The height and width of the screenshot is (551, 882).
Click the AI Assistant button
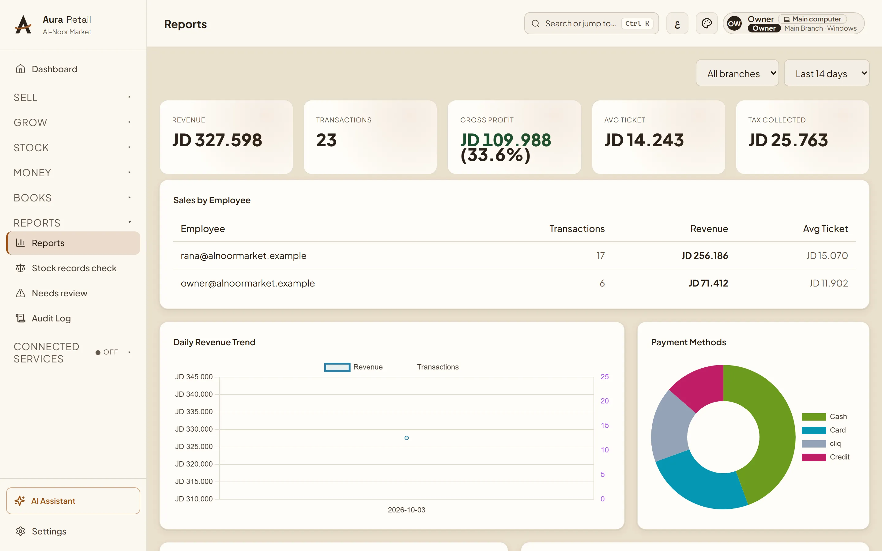[73, 501]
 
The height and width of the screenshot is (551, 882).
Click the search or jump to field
[591, 23]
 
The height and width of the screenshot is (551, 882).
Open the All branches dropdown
[737, 73]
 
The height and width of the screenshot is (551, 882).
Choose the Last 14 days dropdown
[826, 73]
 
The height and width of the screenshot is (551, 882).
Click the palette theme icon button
[706, 23]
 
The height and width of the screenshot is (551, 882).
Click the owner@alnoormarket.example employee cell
[247, 283]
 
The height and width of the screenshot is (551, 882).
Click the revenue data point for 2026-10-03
[406, 438]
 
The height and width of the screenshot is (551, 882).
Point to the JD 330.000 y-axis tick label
[194, 429]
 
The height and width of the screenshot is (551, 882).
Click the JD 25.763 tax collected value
[788, 140]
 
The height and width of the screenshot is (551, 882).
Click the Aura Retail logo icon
[23, 24]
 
